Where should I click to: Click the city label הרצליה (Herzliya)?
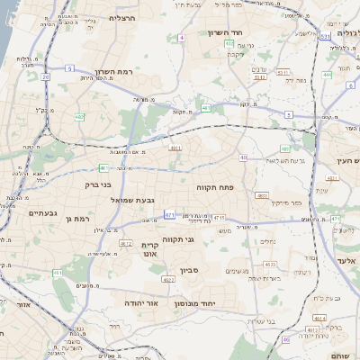click(121, 18)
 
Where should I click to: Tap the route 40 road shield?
click(243, 157)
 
